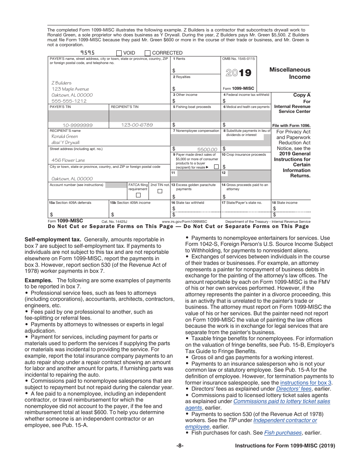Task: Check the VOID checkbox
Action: click(x=119, y=53)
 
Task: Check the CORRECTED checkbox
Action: click(x=148, y=53)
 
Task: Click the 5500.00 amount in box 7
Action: click(x=207, y=150)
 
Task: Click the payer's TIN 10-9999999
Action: click(x=78, y=125)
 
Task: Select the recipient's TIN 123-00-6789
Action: click(x=137, y=125)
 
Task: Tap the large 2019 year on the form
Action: click(x=238, y=73)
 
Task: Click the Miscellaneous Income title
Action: click(x=290, y=73)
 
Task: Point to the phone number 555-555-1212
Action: click(x=69, y=101)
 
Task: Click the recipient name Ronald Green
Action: click(x=65, y=136)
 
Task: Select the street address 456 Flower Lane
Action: click(x=68, y=160)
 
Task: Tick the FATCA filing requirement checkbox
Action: click(x=138, y=195)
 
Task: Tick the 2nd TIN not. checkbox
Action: click(x=160, y=191)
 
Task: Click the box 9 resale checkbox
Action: click(x=216, y=167)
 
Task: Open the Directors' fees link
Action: click(x=294, y=389)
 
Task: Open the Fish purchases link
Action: click(x=283, y=433)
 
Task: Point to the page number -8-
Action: click(x=180, y=446)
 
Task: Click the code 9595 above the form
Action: click(x=88, y=53)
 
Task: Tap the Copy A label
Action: click(x=302, y=95)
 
